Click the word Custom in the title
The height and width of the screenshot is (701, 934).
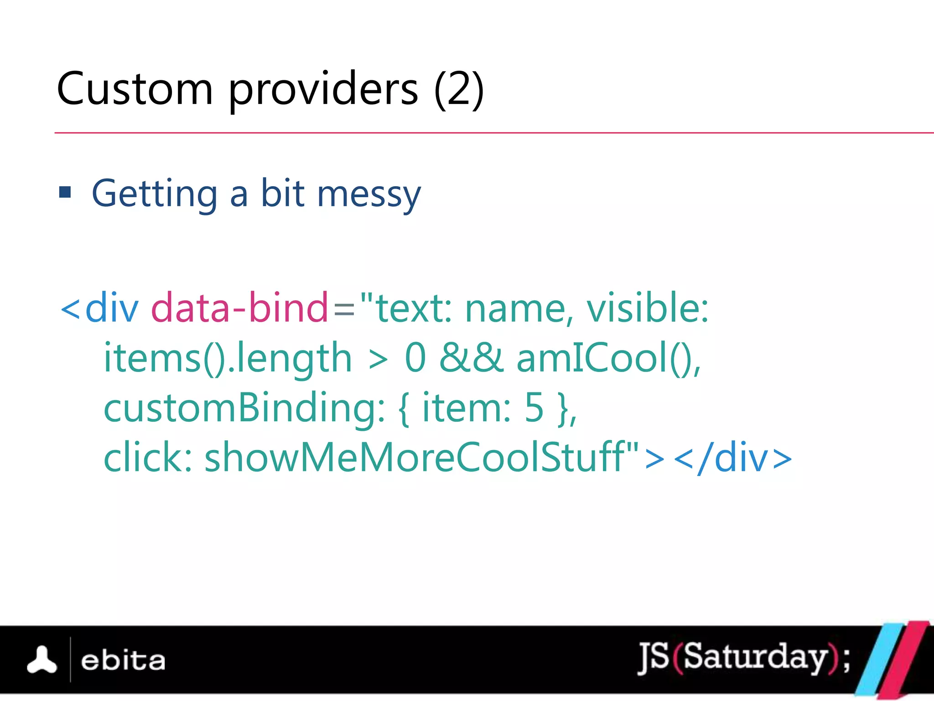[135, 89]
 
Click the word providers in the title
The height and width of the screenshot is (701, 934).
[323, 89]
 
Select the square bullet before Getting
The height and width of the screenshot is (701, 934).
[65, 192]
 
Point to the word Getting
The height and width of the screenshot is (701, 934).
[155, 194]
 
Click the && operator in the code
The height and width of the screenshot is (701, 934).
[471, 357]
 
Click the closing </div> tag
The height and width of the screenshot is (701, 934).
[732, 457]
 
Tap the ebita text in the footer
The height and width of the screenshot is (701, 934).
[123, 661]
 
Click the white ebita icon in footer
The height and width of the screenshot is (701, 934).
[42, 660]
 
